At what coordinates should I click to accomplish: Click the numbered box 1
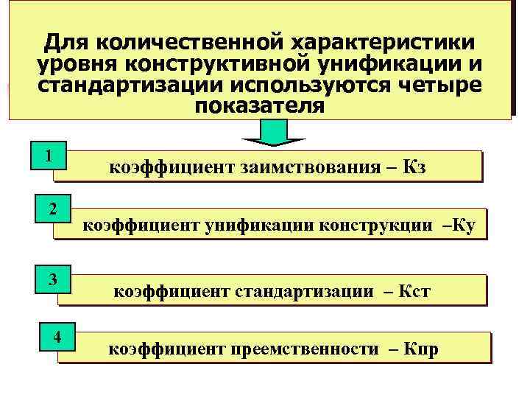click(x=49, y=157)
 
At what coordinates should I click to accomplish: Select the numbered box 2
click(x=52, y=209)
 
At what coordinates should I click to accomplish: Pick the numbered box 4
click(x=55, y=338)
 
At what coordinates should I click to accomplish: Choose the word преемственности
click(x=305, y=349)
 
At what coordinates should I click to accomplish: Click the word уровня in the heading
click(x=77, y=63)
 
